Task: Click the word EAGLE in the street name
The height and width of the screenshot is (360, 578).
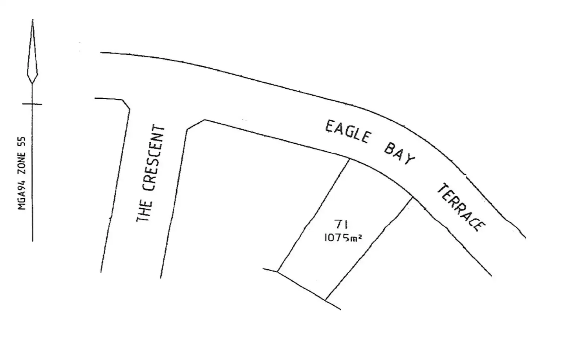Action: coord(348,132)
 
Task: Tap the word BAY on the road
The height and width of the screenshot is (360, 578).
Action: coord(399,154)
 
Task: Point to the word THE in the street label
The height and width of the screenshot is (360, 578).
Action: coord(144,211)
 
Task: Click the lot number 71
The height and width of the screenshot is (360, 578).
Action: coord(341,224)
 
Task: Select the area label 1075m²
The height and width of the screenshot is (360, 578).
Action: coord(343,238)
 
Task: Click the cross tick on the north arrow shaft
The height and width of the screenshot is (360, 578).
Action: coord(32,104)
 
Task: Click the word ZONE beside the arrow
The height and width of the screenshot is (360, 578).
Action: coord(22,163)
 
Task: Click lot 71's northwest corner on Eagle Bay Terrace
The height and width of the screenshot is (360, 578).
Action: coord(350,159)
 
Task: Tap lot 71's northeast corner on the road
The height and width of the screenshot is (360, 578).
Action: coord(412,198)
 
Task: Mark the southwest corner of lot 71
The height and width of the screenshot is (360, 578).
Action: coord(278,272)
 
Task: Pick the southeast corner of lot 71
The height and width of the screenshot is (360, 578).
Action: coord(326,300)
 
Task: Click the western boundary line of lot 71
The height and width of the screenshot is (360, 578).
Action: coord(314,215)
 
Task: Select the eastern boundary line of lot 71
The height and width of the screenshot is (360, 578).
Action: coord(369,249)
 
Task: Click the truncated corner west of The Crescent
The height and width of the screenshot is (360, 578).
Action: coord(126,104)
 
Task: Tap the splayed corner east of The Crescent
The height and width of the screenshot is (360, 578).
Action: coord(196,124)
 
